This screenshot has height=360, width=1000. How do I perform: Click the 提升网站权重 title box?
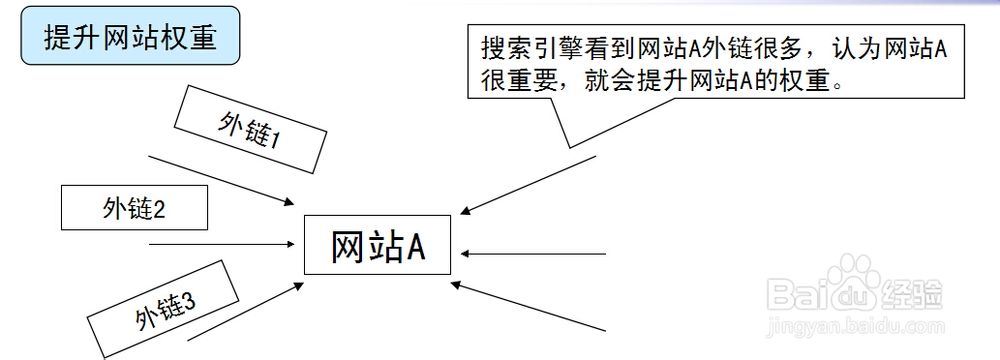129,38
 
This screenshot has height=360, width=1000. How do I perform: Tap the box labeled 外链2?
134,209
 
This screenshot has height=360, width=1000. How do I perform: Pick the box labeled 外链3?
164,309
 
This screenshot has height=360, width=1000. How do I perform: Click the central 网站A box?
378,246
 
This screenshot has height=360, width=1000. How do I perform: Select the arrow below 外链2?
221,243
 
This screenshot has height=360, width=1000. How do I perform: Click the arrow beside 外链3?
245,311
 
